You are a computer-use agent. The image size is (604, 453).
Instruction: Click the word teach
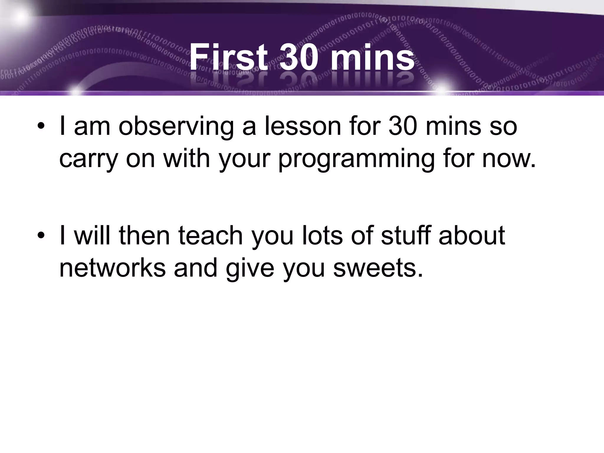210,235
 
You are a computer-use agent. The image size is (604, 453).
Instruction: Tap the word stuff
406,235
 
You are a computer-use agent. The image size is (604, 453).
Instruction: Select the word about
472,235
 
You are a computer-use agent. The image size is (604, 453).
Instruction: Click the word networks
112,268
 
